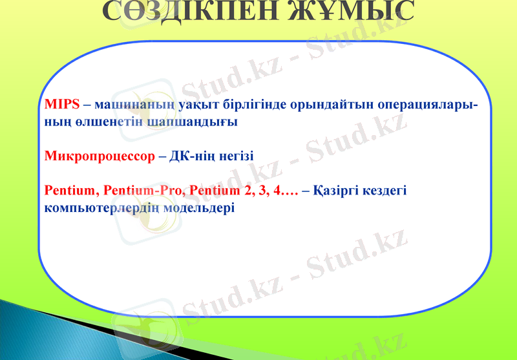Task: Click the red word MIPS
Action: point(62,105)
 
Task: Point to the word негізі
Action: point(234,156)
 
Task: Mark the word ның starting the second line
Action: point(57,122)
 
